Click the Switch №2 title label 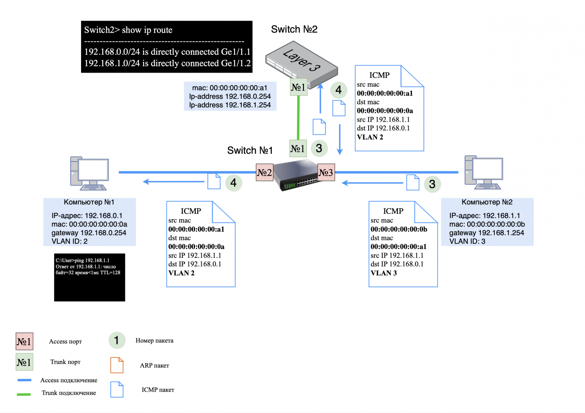[294, 29]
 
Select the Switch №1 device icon [297, 175]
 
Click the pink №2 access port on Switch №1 [264, 172]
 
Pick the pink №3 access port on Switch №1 [326, 172]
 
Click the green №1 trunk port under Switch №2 [298, 87]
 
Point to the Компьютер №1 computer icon [89, 173]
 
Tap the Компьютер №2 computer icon [483, 172]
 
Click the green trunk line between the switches [298, 117]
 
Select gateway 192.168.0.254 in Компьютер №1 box [89, 233]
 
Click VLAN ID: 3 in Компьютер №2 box [467, 241]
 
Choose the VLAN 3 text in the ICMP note [384, 273]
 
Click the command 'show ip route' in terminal [147, 30]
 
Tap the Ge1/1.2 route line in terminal [167, 63]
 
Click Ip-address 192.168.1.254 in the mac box [230, 105]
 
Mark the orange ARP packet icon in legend [117, 365]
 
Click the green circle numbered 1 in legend [117, 340]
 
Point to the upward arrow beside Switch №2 [320, 98]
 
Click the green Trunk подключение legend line [24, 394]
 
